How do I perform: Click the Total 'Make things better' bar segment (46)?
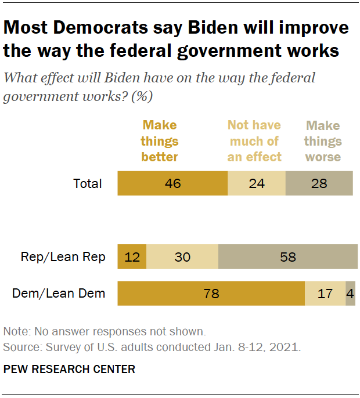[x=172, y=184]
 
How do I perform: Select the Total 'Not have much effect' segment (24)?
[x=256, y=184]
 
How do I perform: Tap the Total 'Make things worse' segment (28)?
[x=319, y=184]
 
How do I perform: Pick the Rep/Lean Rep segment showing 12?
[x=132, y=257]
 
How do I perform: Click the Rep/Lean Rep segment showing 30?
[x=182, y=257]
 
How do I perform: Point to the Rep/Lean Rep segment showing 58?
[x=288, y=257]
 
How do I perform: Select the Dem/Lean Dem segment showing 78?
[x=211, y=294]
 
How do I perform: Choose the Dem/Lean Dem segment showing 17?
[x=325, y=294]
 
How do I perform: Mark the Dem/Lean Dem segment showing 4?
[x=350, y=294]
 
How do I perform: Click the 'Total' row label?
[x=88, y=184]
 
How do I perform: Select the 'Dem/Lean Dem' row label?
[x=59, y=294]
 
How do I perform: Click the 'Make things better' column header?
[x=160, y=141]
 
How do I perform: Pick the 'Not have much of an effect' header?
[x=254, y=141]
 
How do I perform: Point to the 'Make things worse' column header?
[x=323, y=141]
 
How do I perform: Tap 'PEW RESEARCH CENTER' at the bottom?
[x=69, y=369]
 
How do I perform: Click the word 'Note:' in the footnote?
[x=17, y=332]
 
